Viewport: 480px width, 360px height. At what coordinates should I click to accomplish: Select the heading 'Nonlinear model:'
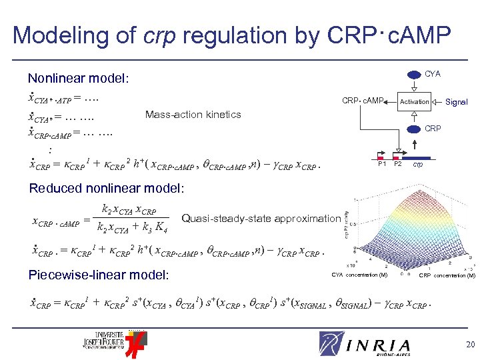click(x=78, y=79)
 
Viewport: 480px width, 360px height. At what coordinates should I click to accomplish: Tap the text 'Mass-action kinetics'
click(x=193, y=115)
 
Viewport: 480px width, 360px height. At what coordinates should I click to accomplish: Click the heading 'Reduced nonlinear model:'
click(x=106, y=189)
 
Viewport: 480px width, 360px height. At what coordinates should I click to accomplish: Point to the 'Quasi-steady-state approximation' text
click(x=261, y=218)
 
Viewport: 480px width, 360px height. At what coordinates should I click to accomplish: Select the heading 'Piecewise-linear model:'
click(x=99, y=275)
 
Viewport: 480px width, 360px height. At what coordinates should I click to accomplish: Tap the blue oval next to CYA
click(x=409, y=74)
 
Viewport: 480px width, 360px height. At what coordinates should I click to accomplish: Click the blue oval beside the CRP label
click(x=409, y=129)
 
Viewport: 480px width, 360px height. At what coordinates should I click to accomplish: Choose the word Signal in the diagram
click(x=457, y=102)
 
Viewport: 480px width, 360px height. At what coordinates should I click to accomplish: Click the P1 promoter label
click(x=382, y=164)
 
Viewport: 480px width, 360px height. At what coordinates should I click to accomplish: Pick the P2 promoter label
click(x=398, y=164)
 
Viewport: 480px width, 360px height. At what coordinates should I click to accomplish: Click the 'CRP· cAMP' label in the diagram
click(x=363, y=101)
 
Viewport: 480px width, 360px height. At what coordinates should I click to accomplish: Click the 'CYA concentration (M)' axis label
click(x=360, y=275)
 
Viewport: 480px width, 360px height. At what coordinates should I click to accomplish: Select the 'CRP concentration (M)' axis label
click(x=447, y=275)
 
